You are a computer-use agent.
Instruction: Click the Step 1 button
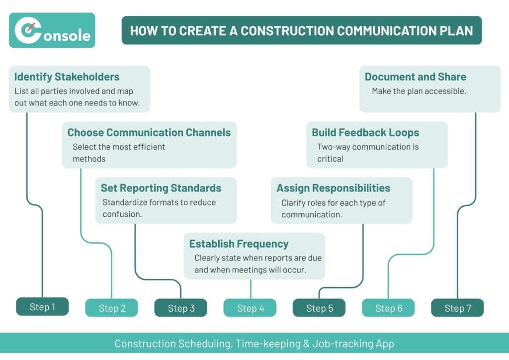tap(42, 307)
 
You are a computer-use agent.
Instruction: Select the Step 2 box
tap(111, 308)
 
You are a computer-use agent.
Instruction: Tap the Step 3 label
tap(180, 308)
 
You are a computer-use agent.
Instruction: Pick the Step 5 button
tap(319, 308)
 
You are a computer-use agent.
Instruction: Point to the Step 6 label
tap(388, 308)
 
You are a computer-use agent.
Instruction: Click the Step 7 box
tap(457, 308)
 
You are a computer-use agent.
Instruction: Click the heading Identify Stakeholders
tap(67, 77)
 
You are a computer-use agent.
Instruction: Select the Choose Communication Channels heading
tap(149, 133)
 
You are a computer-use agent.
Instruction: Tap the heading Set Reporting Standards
tap(161, 188)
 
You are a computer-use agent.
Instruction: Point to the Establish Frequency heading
tap(239, 244)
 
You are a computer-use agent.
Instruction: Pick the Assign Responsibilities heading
tap(333, 188)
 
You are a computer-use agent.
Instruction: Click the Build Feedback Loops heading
tap(365, 133)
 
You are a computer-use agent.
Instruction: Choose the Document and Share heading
tap(416, 77)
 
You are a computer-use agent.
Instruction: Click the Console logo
tap(52, 31)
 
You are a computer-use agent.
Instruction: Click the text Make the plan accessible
tap(419, 91)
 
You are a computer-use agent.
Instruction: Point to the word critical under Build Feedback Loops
tap(330, 159)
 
